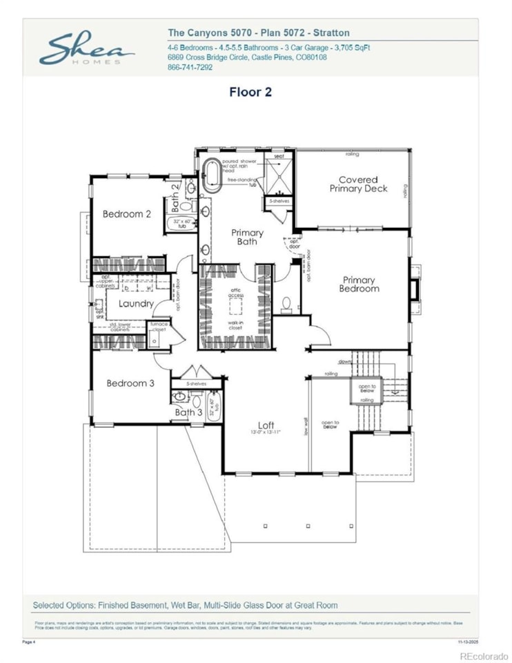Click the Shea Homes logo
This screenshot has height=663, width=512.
pos(86,48)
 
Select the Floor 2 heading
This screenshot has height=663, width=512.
pos(250,92)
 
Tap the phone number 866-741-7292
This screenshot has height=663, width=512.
pos(190,68)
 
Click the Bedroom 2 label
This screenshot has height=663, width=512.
pos(127,214)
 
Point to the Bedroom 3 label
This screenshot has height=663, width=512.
pos(130,383)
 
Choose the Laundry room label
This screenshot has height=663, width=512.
pos(136,304)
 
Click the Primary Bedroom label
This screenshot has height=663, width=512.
pos(359,285)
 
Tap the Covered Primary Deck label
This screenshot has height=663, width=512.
pos(358,184)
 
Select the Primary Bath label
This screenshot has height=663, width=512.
pos(247,237)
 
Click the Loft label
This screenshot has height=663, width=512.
pos(266,425)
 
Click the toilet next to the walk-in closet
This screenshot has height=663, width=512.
pos(286,302)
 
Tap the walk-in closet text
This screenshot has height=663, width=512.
pos(237,325)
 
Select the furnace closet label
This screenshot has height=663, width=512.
pos(159,327)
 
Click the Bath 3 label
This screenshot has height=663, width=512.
pos(188,413)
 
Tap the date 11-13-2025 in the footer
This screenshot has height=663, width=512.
pos(468,642)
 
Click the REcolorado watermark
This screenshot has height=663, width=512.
pos(483,655)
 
